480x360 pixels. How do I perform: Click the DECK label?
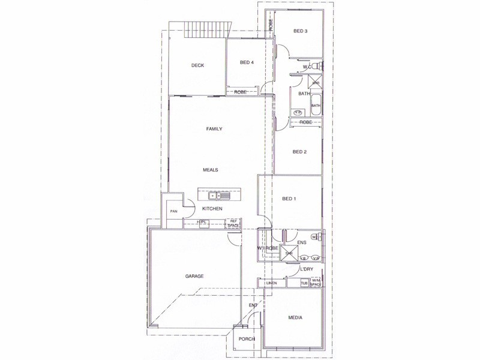coord(199,66)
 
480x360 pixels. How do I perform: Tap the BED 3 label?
coord(300,31)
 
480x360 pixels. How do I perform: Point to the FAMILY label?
coord(214,129)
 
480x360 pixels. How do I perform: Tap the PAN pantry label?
coord(174,211)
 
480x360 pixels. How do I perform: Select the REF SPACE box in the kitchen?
coord(232,223)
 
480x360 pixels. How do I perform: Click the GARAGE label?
coord(194,276)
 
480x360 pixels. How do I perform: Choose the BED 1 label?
coord(289,199)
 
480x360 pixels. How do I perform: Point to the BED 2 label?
coord(299,152)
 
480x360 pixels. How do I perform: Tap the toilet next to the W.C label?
coord(320,65)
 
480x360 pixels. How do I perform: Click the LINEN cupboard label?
coord(271,283)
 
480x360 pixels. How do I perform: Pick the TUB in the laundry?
coord(304,283)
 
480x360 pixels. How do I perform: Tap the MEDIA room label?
coord(295,317)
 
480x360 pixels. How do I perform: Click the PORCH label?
coord(247,339)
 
